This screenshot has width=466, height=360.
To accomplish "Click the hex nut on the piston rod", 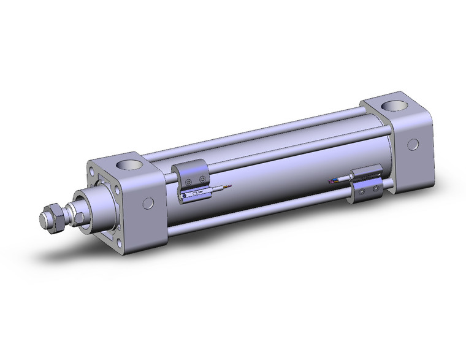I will (x=53, y=220).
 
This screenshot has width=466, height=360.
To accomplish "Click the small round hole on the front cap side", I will (x=148, y=204).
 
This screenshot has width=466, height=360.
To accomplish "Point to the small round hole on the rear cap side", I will (x=413, y=145).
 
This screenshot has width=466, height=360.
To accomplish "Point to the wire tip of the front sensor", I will (x=229, y=187).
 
